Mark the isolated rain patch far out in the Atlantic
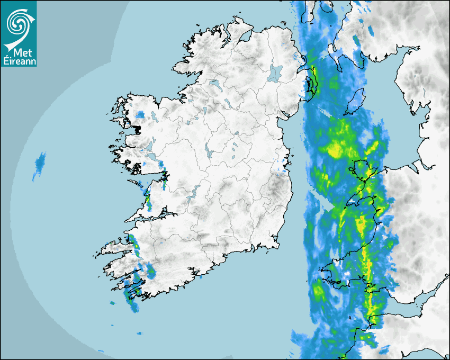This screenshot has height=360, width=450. point(39,164)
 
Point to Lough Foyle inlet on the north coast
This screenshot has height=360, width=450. point(244,36)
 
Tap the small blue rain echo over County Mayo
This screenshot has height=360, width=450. point(140,114)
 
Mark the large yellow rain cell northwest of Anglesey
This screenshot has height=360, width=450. point(337,148)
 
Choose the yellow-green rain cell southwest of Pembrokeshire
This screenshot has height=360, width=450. point(319,291)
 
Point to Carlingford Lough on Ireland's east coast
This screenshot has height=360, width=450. point(286,114)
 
